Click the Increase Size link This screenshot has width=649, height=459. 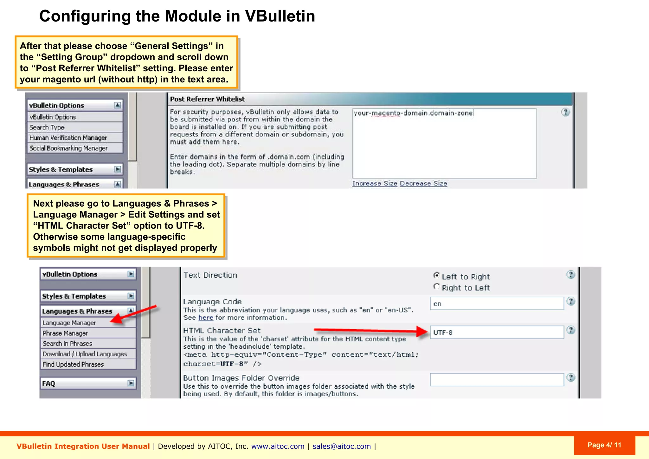[x=375, y=184]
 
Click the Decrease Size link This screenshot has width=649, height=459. [x=423, y=184]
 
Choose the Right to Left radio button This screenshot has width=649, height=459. [x=437, y=287]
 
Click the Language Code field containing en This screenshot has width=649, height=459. [x=497, y=304]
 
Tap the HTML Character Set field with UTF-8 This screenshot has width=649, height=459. [x=497, y=333]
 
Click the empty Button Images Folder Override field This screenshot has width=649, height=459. [x=497, y=379]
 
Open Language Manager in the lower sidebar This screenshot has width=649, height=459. [x=69, y=323]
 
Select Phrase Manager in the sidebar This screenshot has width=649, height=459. [x=65, y=333]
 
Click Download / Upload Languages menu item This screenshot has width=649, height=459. [x=85, y=354]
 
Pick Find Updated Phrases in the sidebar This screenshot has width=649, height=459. [x=73, y=365]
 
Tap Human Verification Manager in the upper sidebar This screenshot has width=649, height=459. [x=68, y=138]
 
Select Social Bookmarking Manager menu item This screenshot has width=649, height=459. [x=68, y=148]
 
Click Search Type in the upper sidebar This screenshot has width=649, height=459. [x=47, y=127]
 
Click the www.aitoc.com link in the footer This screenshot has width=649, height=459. [x=278, y=446]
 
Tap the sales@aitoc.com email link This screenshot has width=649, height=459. [x=342, y=446]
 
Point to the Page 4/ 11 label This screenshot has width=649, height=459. [x=604, y=445]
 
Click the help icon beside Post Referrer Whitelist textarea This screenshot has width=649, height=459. [x=565, y=112]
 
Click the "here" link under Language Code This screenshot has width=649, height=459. [x=206, y=318]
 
